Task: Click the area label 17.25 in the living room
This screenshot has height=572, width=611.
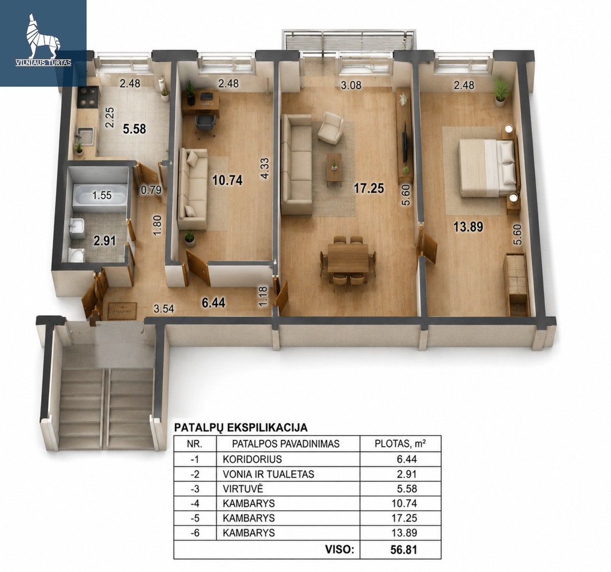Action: click(369, 189)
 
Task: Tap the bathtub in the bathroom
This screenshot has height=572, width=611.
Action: click(101, 194)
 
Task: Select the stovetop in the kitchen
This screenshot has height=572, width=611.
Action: click(88, 97)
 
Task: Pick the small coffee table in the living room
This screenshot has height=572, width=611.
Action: click(334, 167)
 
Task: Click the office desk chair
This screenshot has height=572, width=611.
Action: click(205, 124)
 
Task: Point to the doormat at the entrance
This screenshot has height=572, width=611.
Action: click(122, 311)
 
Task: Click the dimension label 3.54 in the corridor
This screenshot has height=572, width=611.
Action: click(163, 309)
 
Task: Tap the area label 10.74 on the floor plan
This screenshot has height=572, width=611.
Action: click(227, 180)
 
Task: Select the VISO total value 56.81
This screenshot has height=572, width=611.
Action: click(404, 550)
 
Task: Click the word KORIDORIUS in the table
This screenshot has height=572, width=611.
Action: click(252, 459)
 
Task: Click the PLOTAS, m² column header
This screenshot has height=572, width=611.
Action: click(400, 444)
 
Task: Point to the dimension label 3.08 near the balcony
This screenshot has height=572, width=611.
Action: click(351, 85)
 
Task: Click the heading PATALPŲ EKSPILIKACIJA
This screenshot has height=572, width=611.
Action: click(240, 427)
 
